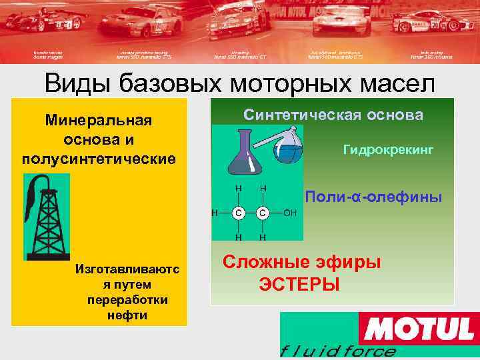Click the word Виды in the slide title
(x=78, y=84)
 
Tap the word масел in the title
(x=393, y=84)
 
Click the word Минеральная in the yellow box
(x=99, y=121)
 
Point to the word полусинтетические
(x=99, y=159)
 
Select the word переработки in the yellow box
(x=127, y=299)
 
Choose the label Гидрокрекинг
(x=388, y=151)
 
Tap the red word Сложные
(x=261, y=262)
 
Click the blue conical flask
(x=243, y=155)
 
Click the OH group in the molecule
(x=291, y=213)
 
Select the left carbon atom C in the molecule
(x=237, y=213)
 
